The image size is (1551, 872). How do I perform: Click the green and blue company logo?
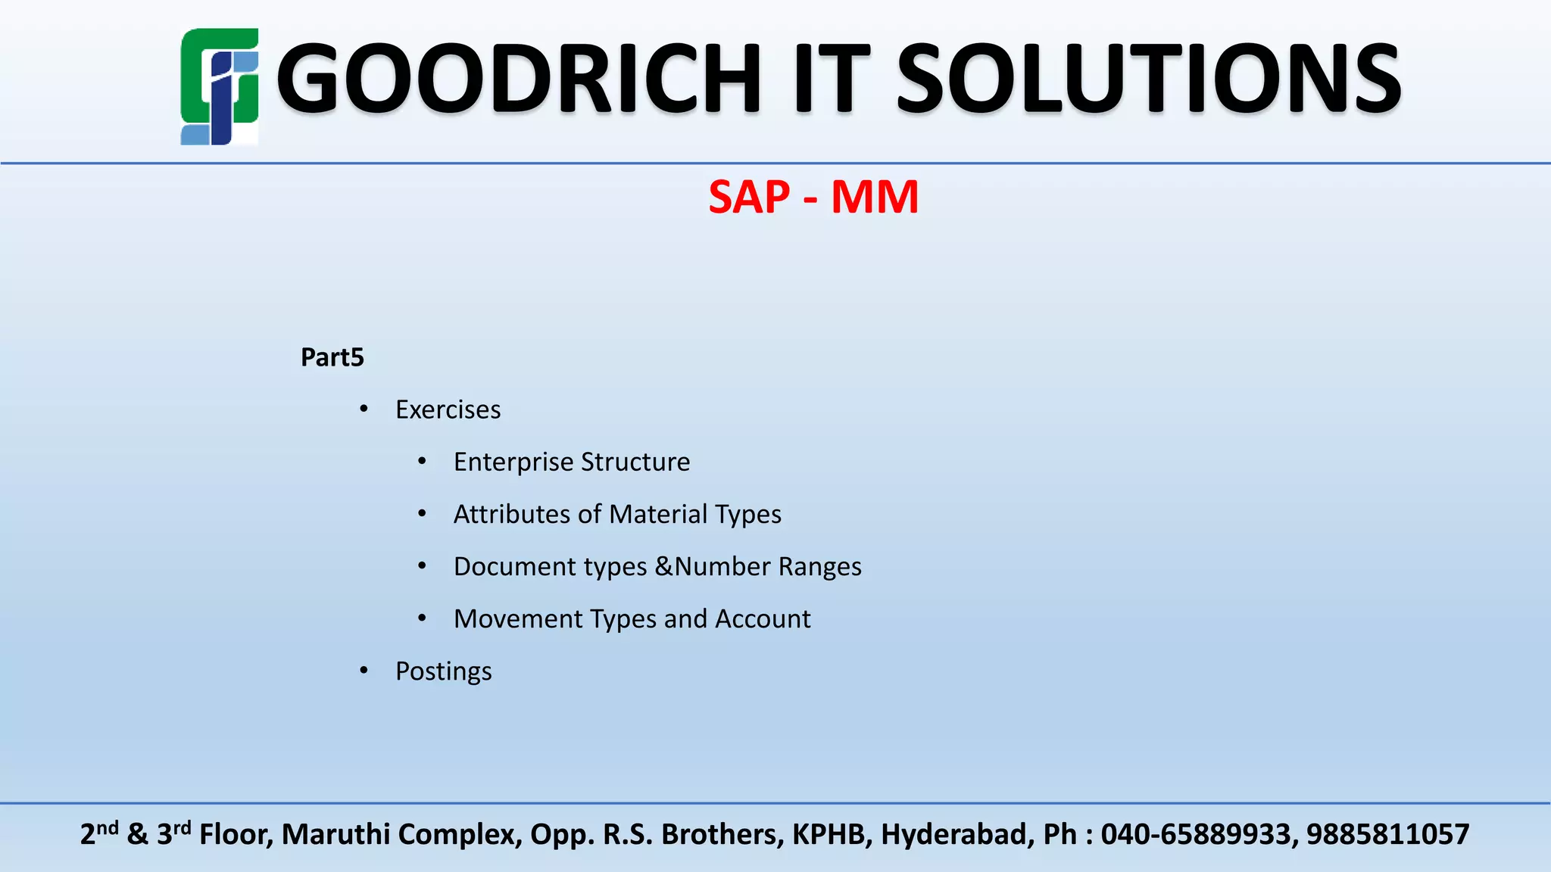[219, 86]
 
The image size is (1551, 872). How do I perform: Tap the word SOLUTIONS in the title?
[1148, 79]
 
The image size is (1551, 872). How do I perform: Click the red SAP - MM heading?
[813, 197]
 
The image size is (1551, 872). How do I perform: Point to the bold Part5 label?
[332, 357]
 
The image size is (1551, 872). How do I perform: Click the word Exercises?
[448, 410]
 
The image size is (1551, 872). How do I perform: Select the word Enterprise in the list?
[513, 462]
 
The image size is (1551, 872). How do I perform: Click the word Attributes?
[512, 514]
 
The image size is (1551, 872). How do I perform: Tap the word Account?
[763, 618]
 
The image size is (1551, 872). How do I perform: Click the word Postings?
[443, 671]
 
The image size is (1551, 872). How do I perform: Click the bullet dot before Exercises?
[364, 410]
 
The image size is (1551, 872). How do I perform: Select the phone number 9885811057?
[1387, 834]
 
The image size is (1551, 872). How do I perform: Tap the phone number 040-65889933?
[1195, 834]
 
